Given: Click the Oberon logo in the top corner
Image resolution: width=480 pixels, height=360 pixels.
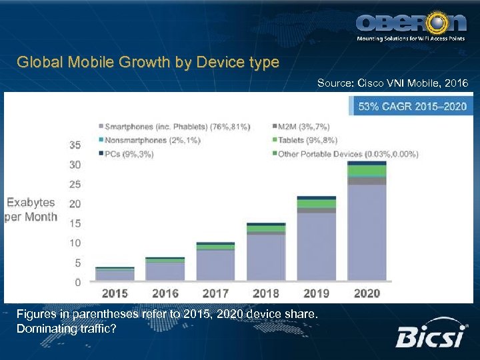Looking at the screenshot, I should click(x=411, y=25).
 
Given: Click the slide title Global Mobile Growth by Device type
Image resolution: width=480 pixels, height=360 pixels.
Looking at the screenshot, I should click(x=148, y=63).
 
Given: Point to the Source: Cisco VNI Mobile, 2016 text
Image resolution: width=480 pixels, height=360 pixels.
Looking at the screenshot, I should click(x=393, y=83).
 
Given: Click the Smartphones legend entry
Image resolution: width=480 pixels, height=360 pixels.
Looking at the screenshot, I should click(x=174, y=126).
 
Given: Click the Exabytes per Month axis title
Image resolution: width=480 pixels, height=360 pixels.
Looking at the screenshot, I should click(x=31, y=209).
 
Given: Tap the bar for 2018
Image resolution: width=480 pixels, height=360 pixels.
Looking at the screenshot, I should click(x=265, y=253).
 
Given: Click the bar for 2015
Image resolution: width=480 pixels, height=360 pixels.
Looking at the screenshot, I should click(x=115, y=274).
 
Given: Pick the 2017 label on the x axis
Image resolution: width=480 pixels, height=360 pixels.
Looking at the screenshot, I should click(x=215, y=292).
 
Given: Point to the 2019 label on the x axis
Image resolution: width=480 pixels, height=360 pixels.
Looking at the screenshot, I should click(x=317, y=292).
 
